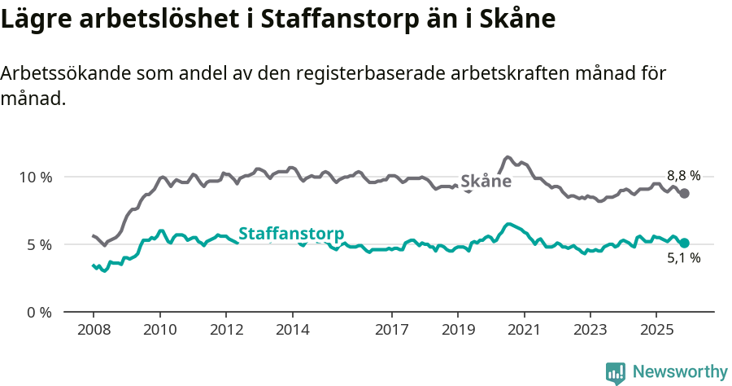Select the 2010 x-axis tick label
pyautogui.click(x=159, y=331)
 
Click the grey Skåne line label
pyautogui.click(x=486, y=182)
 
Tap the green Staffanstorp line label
pyautogui.click(x=290, y=233)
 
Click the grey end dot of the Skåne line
pyautogui.click(x=685, y=193)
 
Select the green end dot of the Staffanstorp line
pyautogui.click(x=685, y=243)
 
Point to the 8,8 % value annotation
pyautogui.click(x=683, y=175)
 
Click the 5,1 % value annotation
pyautogui.click(x=683, y=259)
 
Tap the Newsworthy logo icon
pyautogui.click(x=616, y=372)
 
